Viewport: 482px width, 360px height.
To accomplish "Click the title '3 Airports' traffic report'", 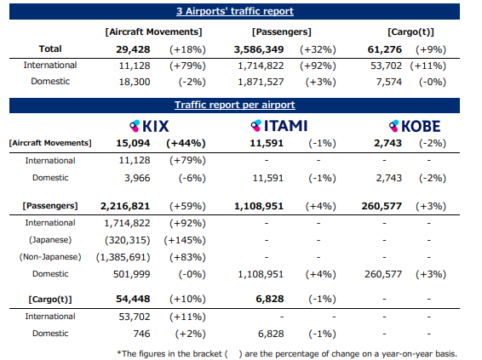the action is tap(235, 11).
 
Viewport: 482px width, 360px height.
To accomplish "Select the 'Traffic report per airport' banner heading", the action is tap(235, 105).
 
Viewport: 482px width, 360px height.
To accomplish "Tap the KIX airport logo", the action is tap(149, 126).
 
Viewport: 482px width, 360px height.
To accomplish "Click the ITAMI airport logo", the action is tap(278, 126).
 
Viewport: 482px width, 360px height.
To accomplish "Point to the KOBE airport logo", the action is tap(415, 126).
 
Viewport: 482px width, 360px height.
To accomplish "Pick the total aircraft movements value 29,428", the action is tap(133, 49).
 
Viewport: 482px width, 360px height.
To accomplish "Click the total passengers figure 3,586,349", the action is tap(259, 49).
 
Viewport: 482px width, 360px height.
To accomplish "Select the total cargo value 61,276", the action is tap(385, 49).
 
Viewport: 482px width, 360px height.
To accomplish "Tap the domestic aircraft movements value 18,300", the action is tap(135, 82).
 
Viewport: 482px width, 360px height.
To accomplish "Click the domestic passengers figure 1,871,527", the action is tap(261, 82).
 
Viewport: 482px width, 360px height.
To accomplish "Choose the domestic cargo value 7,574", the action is tap(389, 82).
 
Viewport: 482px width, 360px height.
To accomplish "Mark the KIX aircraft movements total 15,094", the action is tap(133, 143).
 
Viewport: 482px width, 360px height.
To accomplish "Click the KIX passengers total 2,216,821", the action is tap(125, 206).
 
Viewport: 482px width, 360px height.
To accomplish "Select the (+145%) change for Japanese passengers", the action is tap(185, 240).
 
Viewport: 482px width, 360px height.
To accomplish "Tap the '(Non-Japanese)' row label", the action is tap(50, 257).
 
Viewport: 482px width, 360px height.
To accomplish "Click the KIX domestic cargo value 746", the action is tap(141, 334).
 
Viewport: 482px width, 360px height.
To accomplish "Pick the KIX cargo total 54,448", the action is tap(133, 299).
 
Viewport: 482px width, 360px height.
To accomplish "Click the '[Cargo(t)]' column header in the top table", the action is tap(410, 32).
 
